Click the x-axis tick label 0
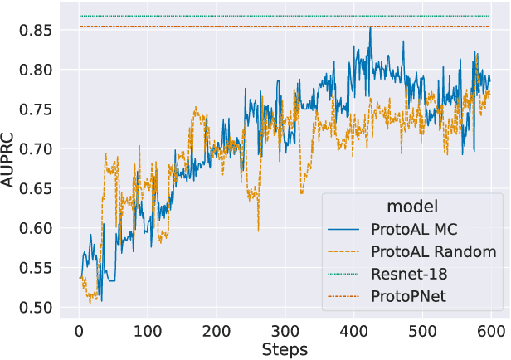point(79,331)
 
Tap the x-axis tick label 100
point(148,331)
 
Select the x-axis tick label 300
point(285,331)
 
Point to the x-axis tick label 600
point(492,331)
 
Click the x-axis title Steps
point(285,349)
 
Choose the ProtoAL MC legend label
point(415,229)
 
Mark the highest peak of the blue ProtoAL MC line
point(370,27)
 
